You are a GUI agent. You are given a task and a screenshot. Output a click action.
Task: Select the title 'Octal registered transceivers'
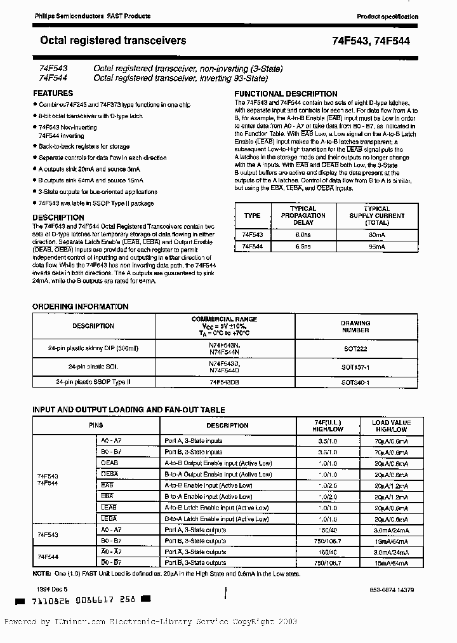pyautogui.click(x=114, y=41)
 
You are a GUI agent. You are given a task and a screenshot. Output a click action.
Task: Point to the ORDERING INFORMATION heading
pyautogui.click(x=81, y=306)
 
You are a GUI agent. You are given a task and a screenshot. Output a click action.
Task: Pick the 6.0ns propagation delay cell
pyautogui.click(x=303, y=234)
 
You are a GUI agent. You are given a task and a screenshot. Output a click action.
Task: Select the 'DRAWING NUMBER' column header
pyautogui.click(x=355, y=326)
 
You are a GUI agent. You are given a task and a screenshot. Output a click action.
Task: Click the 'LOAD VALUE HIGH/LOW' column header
pyautogui.click(x=391, y=426)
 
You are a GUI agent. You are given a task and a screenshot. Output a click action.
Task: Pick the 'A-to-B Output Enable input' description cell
pyautogui.click(x=218, y=463)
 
